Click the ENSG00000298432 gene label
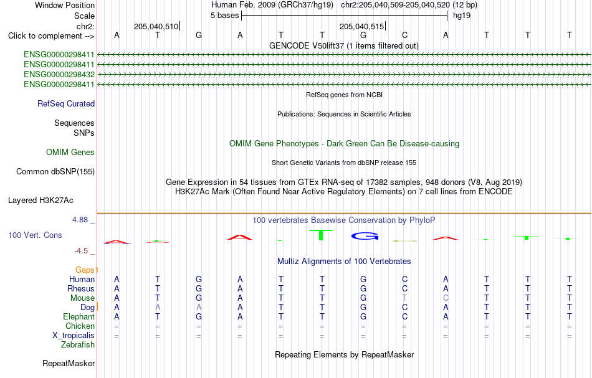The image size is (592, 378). [59, 74]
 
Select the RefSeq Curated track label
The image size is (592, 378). [66, 104]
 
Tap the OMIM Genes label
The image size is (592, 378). [70, 152]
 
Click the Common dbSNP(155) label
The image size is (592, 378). [55, 172]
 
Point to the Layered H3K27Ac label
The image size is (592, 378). [41, 201]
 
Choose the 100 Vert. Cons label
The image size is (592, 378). [35, 235]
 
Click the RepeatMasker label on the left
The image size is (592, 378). [69, 363]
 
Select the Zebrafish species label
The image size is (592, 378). [78, 345]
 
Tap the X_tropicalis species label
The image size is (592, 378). [74, 336]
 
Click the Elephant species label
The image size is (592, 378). [79, 317]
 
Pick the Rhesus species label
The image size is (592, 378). [81, 288]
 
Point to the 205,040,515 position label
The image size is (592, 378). [361, 26]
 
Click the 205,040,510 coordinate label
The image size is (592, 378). [156, 26]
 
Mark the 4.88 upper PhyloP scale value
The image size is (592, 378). [80, 220]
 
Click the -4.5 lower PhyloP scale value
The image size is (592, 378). [81, 251]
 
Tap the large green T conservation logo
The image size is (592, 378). [321, 235]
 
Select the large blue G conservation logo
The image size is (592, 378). [365, 236]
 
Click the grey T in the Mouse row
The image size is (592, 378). [404, 298]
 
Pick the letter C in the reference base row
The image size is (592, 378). [404, 35]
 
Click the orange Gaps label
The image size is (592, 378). [85, 270]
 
